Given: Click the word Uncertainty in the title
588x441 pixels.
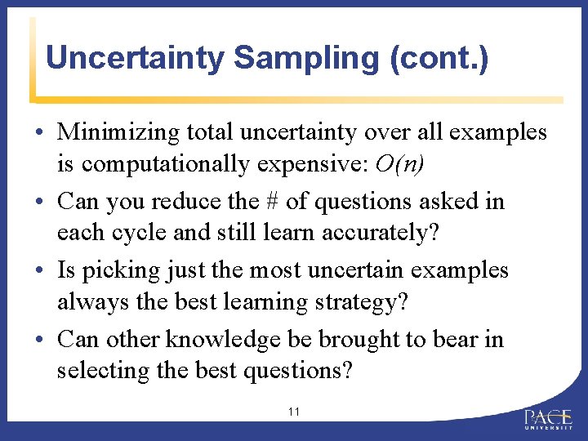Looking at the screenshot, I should pyautogui.click(x=133, y=58).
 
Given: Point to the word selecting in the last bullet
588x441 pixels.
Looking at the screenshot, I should pyautogui.click(x=103, y=371).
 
